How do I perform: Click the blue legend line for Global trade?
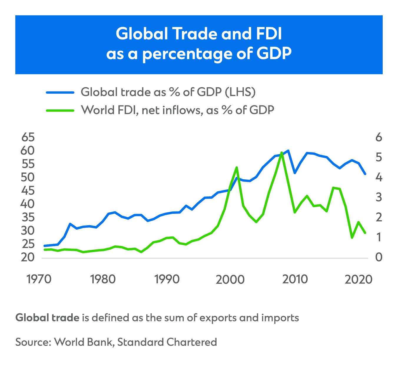pyautogui.click(x=60, y=92)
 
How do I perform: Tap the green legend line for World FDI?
pyautogui.click(x=60, y=110)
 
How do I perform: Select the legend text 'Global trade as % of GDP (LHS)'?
pyautogui.click(x=168, y=92)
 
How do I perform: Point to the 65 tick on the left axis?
pyautogui.click(x=28, y=138)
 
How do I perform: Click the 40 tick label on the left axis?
pyautogui.click(x=28, y=204)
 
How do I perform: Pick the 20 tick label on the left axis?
pyautogui.click(x=28, y=258)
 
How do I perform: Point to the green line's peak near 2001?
pyautogui.click(x=237, y=167)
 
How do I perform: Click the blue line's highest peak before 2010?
pyautogui.click(x=288, y=150)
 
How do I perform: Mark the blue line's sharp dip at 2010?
pyautogui.click(x=295, y=173)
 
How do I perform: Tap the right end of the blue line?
pyautogui.click(x=365, y=174)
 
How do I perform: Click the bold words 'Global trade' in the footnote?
pyautogui.click(x=47, y=318)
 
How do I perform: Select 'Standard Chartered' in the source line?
pyautogui.click(x=167, y=342)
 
